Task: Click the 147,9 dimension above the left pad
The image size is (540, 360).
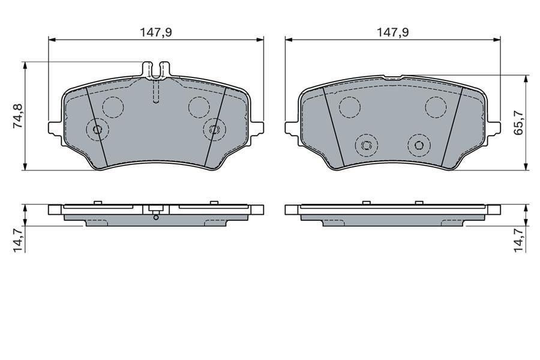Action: click(x=155, y=32)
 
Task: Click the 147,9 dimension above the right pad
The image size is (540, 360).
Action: click(x=392, y=32)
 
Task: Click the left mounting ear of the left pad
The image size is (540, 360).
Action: click(x=55, y=129)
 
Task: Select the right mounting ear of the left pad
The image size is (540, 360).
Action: click(x=257, y=129)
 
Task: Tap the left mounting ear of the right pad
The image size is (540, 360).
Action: click(x=292, y=129)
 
